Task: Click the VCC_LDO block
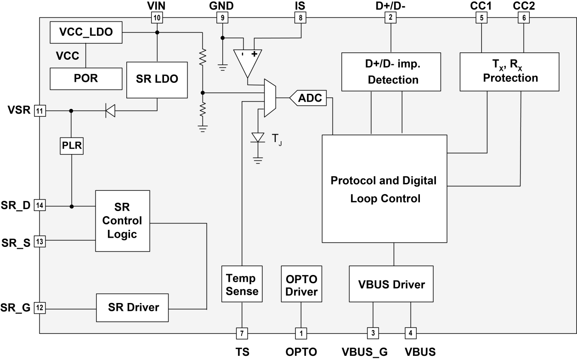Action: (x=85, y=33)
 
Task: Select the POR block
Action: (x=85, y=78)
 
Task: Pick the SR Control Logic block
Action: (x=122, y=221)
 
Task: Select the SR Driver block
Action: (x=133, y=308)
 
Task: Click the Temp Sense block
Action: (x=242, y=284)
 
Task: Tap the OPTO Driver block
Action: (x=301, y=284)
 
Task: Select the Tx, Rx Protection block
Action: (x=509, y=71)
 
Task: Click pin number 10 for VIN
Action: (x=157, y=18)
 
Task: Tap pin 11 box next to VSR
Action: (x=40, y=111)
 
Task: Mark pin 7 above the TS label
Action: (x=242, y=332)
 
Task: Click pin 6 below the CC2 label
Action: (x=523, y=18)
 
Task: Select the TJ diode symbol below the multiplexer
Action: (x=258, y=137)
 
